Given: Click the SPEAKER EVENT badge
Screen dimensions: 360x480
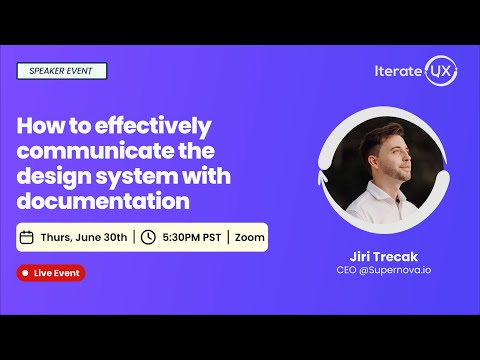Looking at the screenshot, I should point(61,71).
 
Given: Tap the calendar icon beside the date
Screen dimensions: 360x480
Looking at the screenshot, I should point(28,237).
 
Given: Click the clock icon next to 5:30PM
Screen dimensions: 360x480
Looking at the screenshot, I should point(147,237).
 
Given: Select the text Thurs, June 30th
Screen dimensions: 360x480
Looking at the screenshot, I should point(84,237).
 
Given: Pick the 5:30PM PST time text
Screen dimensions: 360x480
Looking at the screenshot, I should point(191,237).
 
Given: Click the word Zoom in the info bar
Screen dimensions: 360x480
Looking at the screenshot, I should point(250,237).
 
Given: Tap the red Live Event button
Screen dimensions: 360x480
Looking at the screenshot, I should point(51,273).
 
